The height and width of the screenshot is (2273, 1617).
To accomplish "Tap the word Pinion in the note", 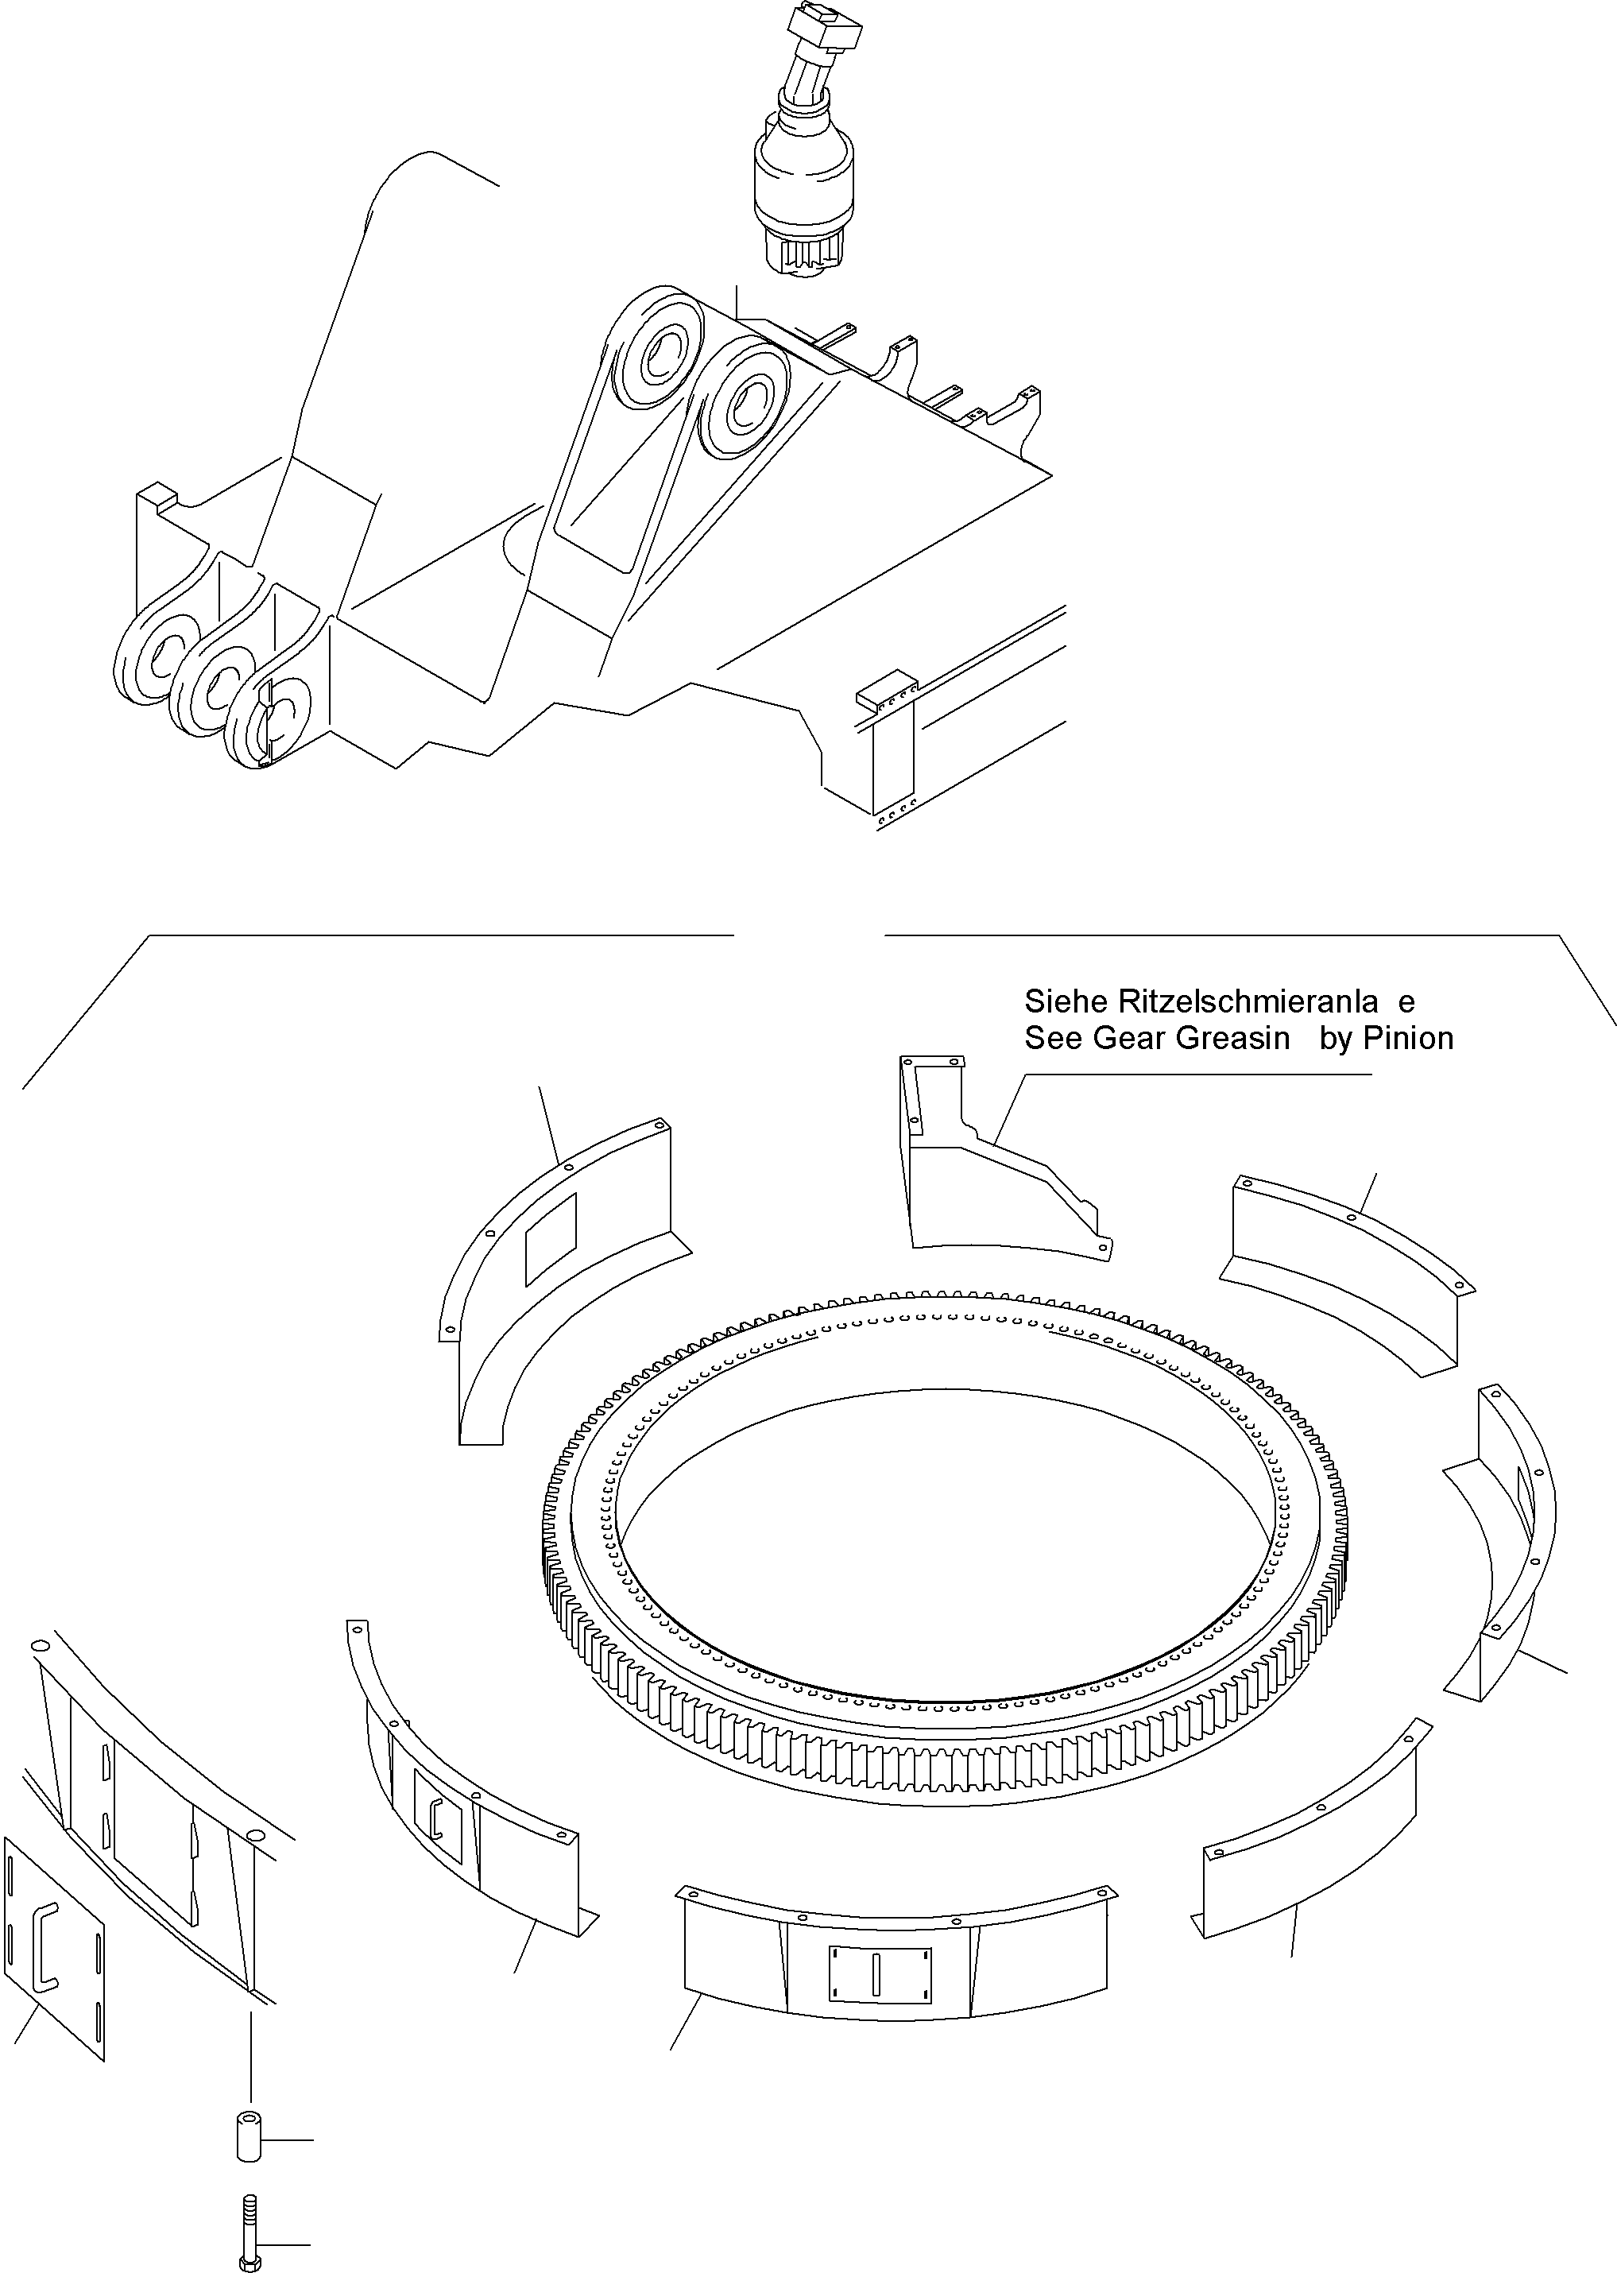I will pyautogui.click(x=1408, y=1039).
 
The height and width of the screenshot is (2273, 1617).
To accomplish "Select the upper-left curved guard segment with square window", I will pyautogui.click(x=558, y=1284).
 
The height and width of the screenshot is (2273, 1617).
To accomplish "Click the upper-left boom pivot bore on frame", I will pyautogui.click(x=657, y=358).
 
